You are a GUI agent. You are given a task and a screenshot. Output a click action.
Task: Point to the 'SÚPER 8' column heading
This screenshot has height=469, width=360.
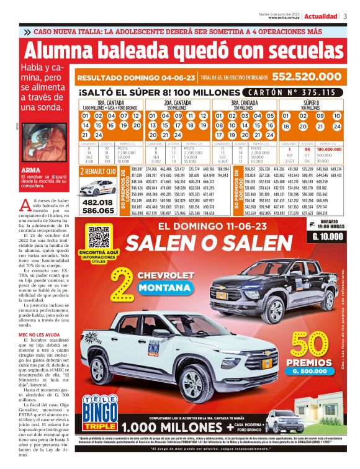[313, 102]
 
